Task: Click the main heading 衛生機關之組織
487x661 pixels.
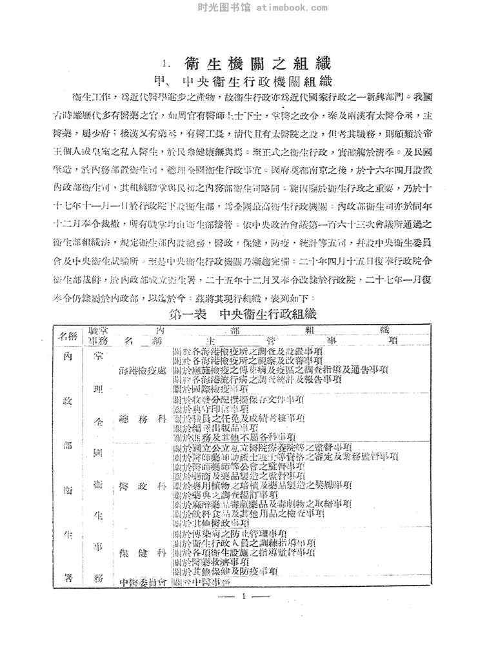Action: (x=257, y=65)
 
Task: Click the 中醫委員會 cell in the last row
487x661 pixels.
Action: (x=144, y=582)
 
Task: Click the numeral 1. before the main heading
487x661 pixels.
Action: (x=166, y=65)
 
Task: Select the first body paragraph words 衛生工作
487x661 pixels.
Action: (x=91, y=96)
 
